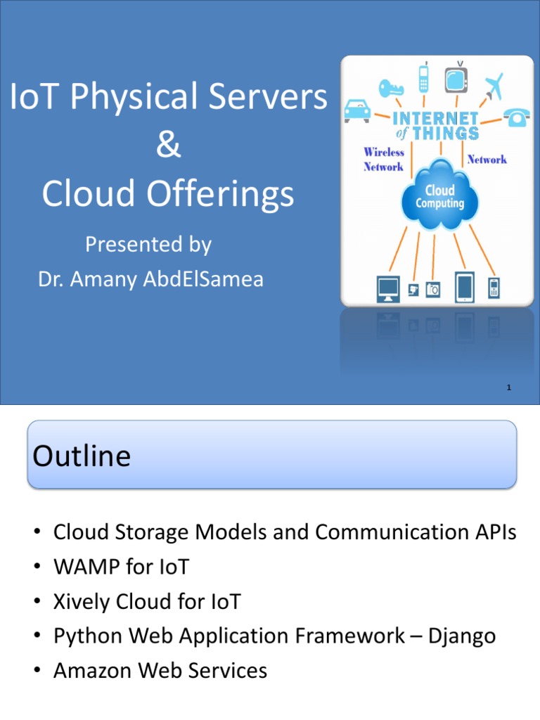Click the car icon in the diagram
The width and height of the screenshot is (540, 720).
coord(357,110)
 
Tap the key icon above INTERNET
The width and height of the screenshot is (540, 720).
coord(391,88)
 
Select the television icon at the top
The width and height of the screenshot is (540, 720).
coord(456,77)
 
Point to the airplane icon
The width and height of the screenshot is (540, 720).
coord(493,86)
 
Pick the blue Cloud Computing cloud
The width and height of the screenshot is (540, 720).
coord(440,194)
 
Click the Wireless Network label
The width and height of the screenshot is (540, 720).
coord(383,159)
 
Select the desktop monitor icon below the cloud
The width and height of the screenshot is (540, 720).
coord(388,288)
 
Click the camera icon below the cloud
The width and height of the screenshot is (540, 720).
coord(433,289)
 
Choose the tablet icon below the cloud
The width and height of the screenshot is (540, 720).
coord(465,286)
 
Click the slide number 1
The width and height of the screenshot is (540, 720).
coord(507,387)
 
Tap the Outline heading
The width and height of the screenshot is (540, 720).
coord(82,456)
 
